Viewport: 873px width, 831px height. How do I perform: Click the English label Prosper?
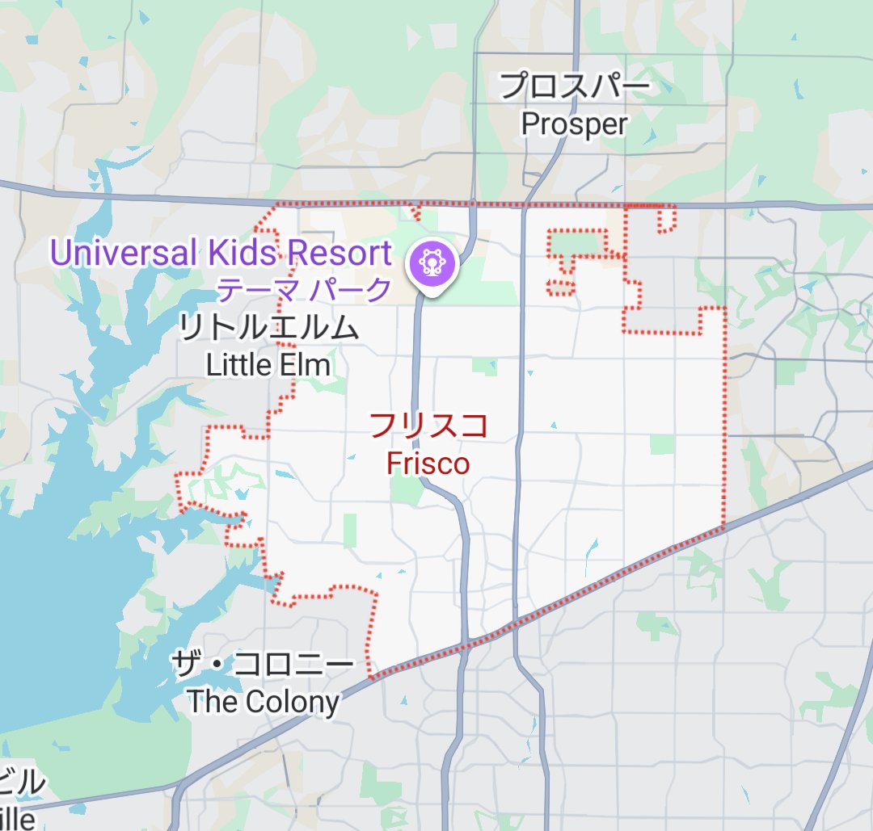574,124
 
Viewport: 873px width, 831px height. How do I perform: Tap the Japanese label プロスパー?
574,86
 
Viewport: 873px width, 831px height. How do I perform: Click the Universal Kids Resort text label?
220,253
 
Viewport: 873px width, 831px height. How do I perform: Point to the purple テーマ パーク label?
305,288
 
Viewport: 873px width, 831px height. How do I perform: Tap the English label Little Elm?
268,365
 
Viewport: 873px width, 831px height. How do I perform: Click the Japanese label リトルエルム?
268,328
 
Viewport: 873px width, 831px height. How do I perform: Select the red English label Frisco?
428,463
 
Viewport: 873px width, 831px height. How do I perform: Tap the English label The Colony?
264,702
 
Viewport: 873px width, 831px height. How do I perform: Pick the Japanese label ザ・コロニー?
263,665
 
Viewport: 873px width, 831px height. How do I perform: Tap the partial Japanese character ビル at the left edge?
21,784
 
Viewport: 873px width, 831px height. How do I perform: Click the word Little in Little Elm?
234,365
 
